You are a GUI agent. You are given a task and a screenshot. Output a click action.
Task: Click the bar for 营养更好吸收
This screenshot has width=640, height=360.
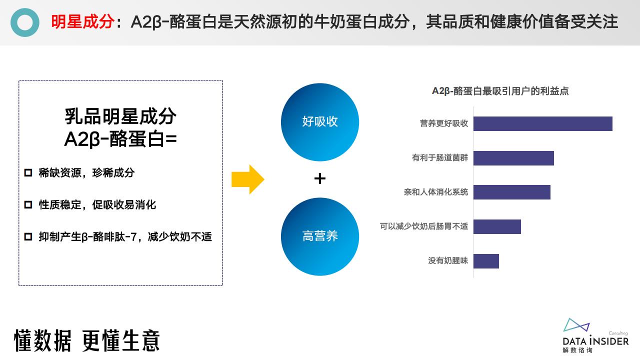543,123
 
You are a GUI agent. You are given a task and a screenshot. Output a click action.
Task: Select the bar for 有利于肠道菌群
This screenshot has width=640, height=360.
513,158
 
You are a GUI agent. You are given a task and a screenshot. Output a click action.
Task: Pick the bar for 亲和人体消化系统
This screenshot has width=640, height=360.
511,192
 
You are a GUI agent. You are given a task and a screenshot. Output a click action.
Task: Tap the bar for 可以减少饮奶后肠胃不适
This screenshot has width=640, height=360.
497,226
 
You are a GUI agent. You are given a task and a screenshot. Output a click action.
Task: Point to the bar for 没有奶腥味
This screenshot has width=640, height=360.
486,261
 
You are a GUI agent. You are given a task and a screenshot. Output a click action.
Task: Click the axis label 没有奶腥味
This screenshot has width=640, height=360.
447,260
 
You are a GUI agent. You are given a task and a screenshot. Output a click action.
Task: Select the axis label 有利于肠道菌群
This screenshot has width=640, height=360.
439,157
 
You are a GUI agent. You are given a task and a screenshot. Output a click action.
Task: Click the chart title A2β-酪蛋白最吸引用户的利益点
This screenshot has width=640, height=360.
500,91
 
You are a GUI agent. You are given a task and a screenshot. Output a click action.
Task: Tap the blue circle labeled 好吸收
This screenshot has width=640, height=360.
320,122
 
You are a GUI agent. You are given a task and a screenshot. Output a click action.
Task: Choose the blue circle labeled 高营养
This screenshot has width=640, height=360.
320,236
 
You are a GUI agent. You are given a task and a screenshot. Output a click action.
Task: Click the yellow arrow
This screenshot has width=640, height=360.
247,179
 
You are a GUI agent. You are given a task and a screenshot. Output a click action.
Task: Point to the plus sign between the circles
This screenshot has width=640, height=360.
319,178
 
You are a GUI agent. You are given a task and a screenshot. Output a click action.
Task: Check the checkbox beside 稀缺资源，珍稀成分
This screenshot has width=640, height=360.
28,172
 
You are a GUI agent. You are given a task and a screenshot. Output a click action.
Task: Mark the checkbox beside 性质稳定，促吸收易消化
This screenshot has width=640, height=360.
28,204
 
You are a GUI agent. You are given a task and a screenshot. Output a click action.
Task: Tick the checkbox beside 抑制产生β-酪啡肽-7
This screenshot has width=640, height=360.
28,236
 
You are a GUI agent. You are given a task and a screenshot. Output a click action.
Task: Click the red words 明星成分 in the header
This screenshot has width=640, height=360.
83,21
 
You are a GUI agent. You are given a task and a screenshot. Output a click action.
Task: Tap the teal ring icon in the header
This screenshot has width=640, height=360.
25,22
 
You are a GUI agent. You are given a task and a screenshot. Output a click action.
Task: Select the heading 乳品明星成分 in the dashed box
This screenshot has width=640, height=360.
120,116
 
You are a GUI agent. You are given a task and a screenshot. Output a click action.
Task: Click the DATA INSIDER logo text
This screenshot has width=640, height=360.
595,341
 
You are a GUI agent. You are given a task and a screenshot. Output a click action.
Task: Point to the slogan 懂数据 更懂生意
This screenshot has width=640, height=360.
86,340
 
